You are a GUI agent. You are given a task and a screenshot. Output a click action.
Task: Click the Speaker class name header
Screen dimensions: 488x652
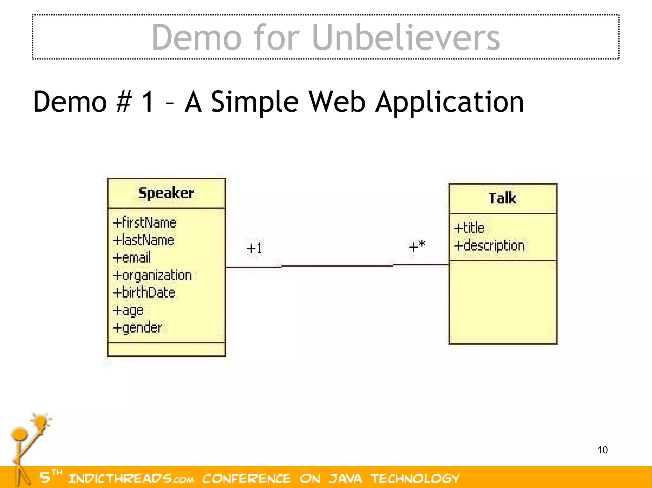[x=166, y=193]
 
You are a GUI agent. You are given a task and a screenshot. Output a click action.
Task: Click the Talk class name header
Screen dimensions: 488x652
[x=502, y=198]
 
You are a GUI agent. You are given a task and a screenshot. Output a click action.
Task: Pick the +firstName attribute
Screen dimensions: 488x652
[x=145, y=223]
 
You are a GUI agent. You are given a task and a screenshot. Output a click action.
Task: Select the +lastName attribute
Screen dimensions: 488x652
[x=144, y=240]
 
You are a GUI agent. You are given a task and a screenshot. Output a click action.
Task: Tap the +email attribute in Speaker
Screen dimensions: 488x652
[x=131, y=258]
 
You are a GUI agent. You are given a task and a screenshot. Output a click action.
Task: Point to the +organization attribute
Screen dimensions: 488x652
[x=152, y=275]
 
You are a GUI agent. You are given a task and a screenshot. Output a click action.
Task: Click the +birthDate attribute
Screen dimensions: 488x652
[x=144, y=292]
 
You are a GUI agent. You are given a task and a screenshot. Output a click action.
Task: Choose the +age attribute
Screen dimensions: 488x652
[x=128, y=310]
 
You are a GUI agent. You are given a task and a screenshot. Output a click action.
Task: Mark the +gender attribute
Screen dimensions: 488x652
[x=137, y=328]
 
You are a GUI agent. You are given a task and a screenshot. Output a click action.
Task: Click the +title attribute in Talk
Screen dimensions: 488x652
[x=469, y=228]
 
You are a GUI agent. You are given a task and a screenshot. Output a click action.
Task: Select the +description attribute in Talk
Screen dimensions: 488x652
[x=489, y=246]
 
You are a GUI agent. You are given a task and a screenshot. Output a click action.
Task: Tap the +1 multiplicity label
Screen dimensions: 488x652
[x=254, y=248]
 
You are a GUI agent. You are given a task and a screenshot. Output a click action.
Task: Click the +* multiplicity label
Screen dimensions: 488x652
[x=417, y=246]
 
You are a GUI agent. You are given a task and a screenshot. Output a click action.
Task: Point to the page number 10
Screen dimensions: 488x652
[x=602, y=450]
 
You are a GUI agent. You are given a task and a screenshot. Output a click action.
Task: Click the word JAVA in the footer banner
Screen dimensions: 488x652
[x=345, y=478]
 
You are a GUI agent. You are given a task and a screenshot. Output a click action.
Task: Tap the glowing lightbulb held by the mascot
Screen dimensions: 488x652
[x=41, y=422]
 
